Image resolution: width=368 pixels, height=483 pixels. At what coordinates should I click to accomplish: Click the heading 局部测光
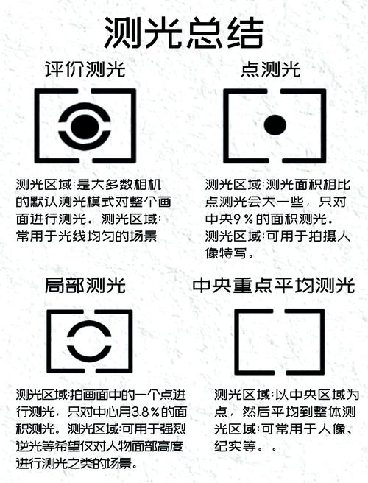pos(85,285)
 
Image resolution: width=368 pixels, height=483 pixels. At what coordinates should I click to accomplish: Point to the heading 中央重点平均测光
pos(273,285)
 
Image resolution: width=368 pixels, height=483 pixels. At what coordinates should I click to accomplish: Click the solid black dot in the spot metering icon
pos(275,125)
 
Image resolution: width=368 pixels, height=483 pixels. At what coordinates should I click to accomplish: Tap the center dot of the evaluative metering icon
pos(85,125)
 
